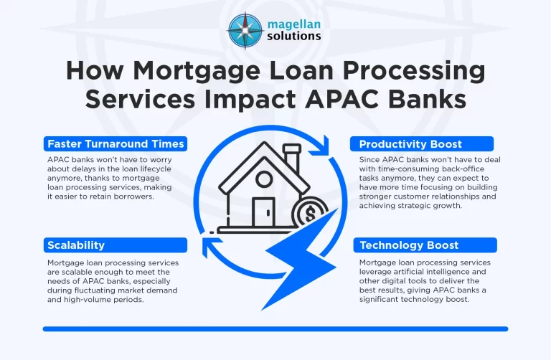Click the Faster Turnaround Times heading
tap(115, 144)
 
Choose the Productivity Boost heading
tap(410, 144)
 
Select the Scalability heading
tap(75, 245)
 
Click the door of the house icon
tap(263, 209)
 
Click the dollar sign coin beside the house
tap(310, 214)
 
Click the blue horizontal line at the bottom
tap(275, 329)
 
